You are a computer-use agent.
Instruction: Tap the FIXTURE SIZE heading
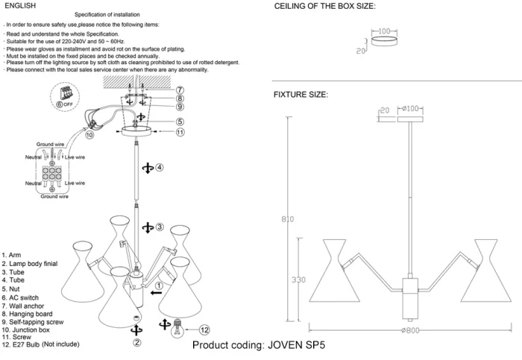click(x=301, y=95)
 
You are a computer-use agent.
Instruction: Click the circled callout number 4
click(x=160, y=168)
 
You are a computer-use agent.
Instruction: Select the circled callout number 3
click(x=160, y=227)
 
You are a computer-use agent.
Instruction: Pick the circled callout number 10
click(x=89, y=136)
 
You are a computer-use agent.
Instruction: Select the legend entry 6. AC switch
click(x=23, y=297)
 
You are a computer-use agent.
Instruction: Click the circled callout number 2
click(x=137, y=344)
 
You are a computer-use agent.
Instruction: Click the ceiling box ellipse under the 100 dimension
click(x=383, y=42)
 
